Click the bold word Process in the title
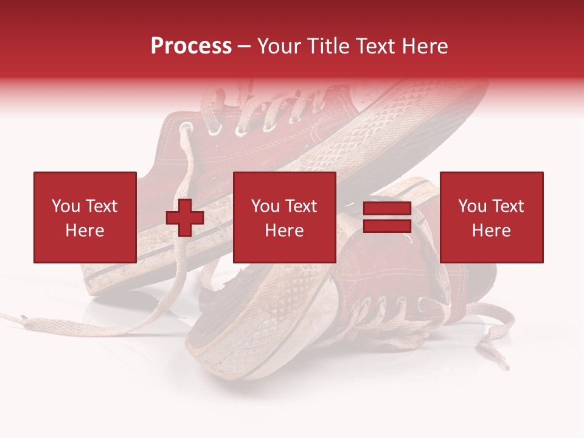(x=191, y=46)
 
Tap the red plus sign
(x=185, y=218)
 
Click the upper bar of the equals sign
(x=387, y=209)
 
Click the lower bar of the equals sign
(x=387, y=226)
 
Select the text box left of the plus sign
(x=85, y=217)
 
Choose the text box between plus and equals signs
(x=284, y=217)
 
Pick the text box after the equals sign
(x=491, y=217)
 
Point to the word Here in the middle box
(x=284, y=231)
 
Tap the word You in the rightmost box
(x=472, y=206)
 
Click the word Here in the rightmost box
(x=491, y=231)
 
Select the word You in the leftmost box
(x=66, y=206)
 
